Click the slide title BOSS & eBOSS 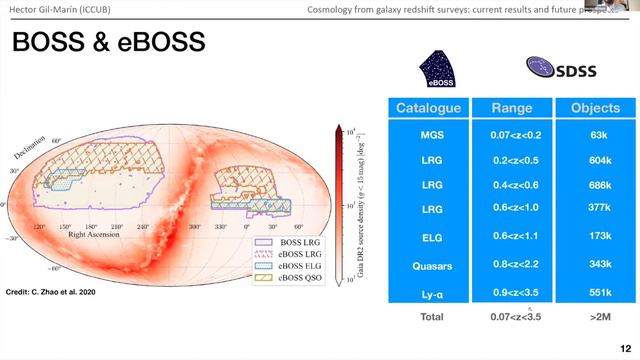(107, 43)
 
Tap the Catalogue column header (427, 108)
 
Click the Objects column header (595, 108)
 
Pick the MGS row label (427, 132)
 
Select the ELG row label (427, 239)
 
